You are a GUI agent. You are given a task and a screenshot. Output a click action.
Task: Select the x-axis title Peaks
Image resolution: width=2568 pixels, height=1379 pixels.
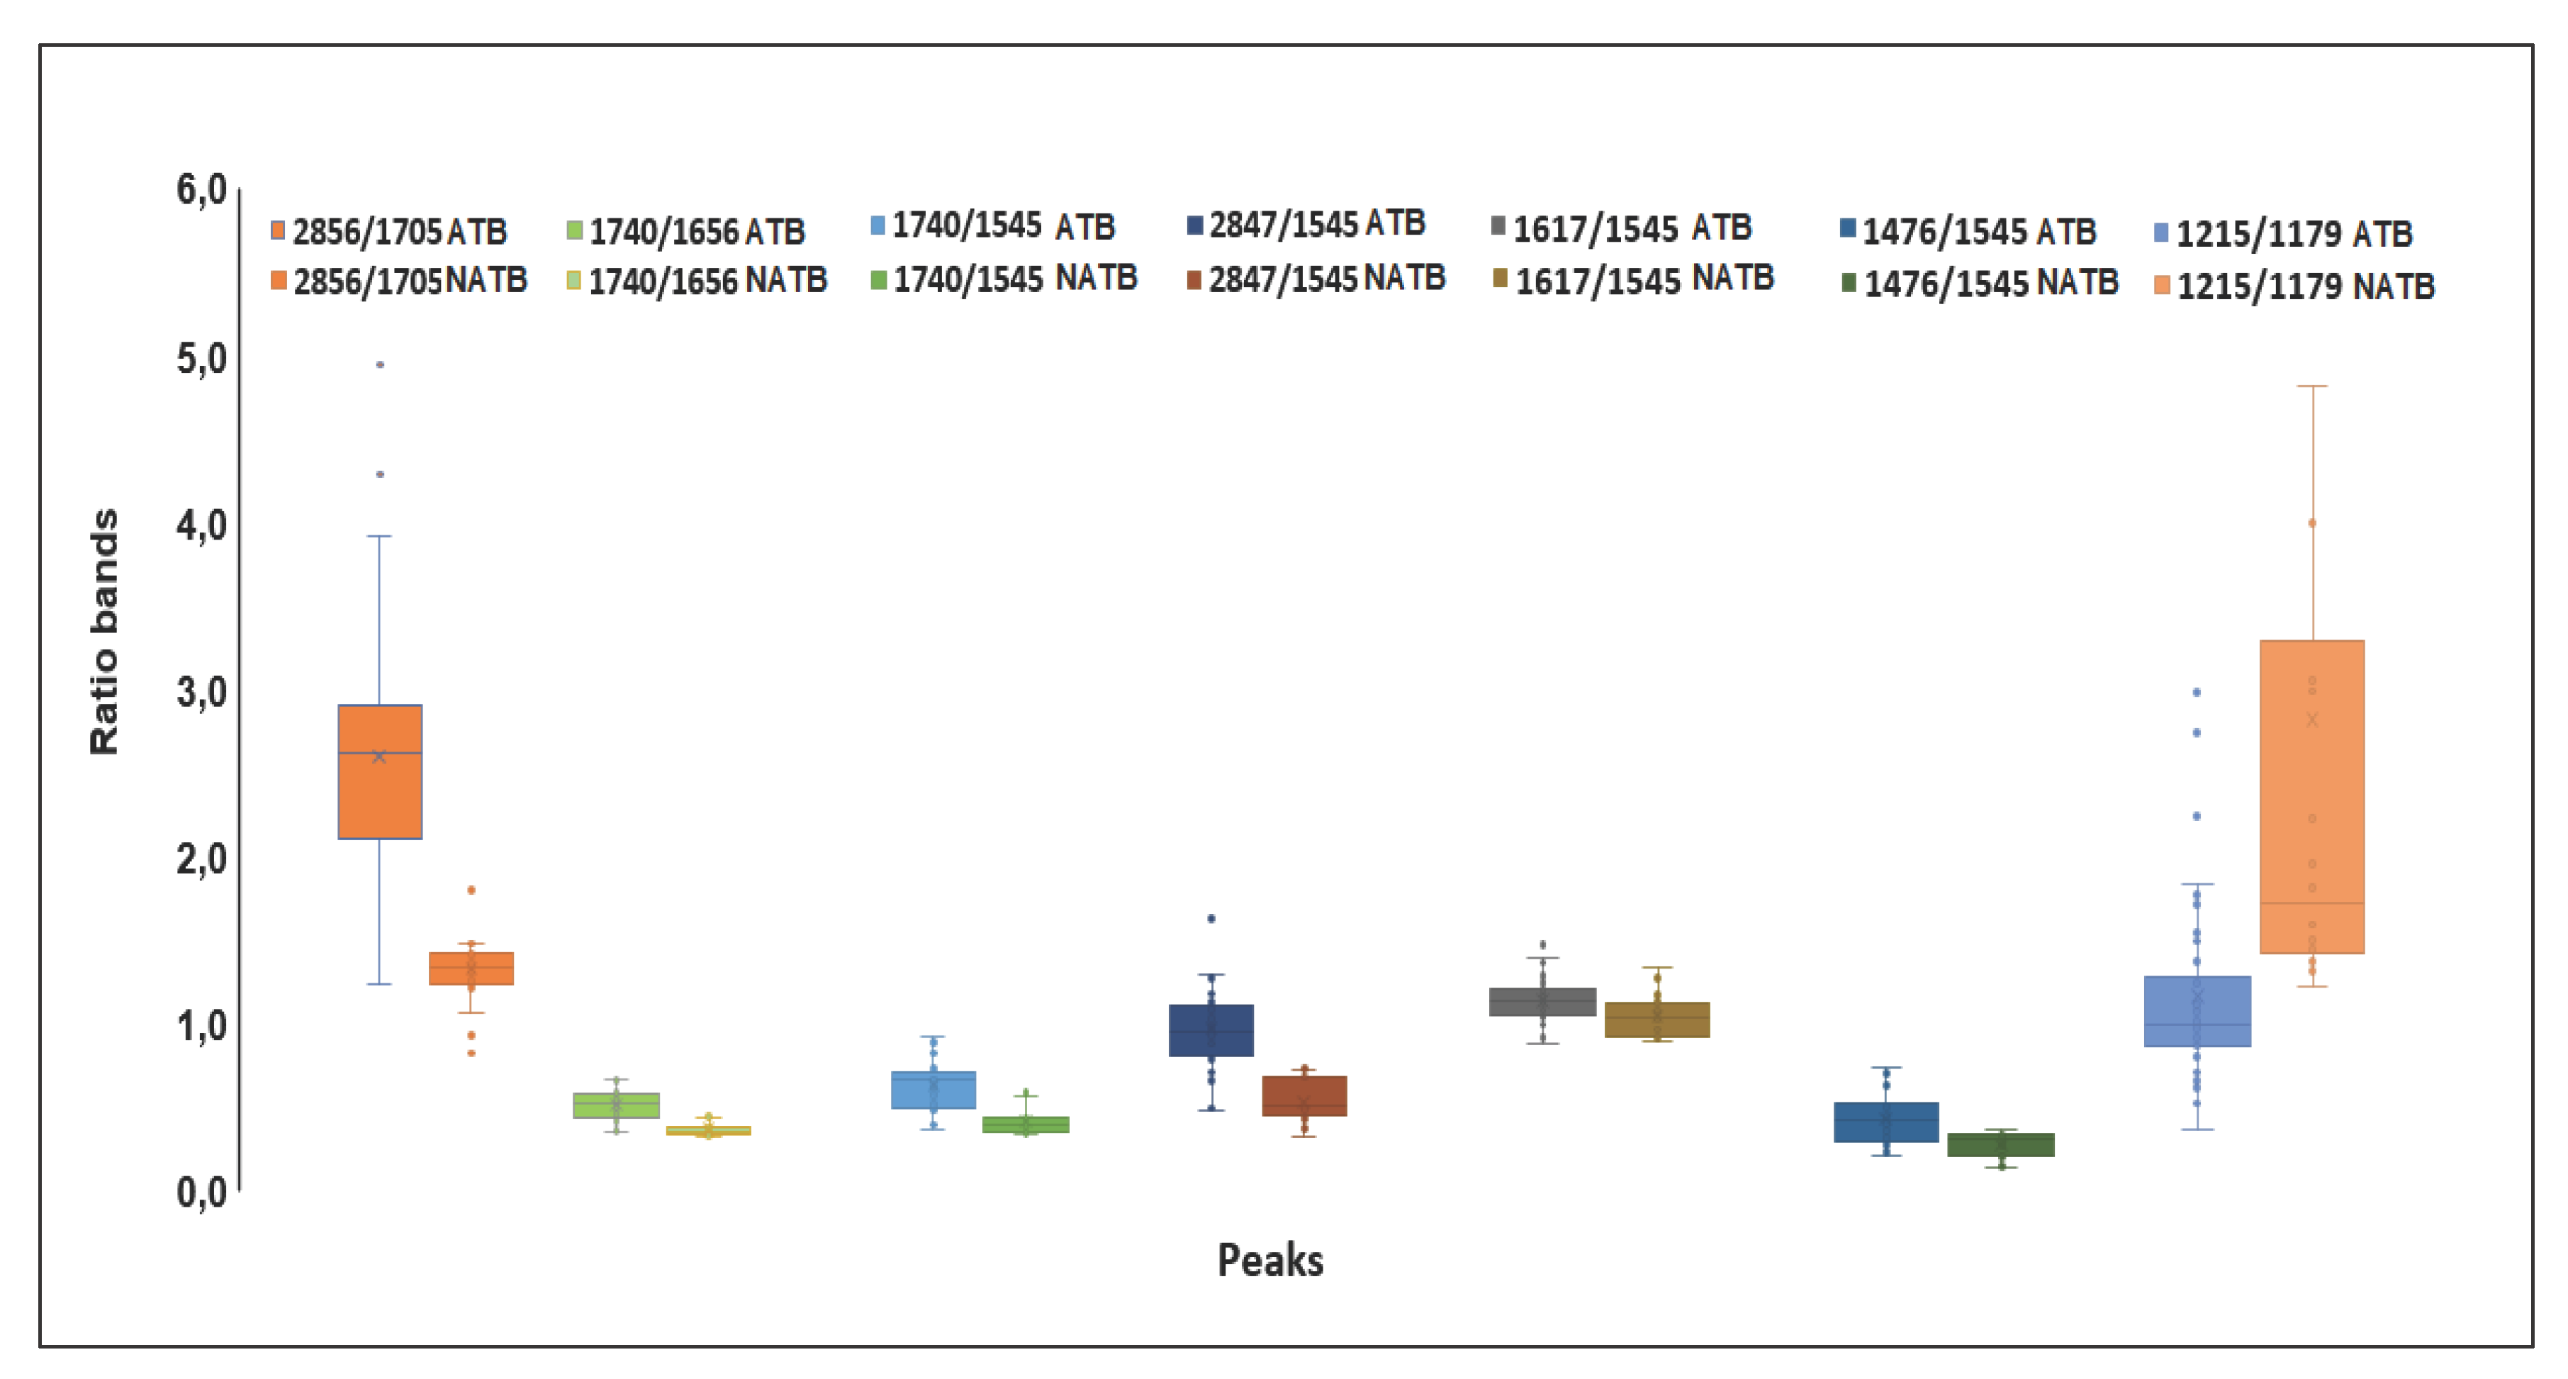tap(1270, 1261)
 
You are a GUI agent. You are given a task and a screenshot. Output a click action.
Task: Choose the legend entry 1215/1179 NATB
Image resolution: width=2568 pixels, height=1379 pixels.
tap(2295, 287)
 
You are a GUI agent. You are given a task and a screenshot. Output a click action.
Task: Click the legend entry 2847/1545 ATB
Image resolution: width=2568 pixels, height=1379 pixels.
tap(1307, 224)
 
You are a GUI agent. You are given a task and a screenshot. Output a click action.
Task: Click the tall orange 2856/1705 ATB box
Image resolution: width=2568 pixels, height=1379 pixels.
tap(380, 772)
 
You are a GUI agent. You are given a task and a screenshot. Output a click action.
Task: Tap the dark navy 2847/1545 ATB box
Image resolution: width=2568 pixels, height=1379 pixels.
tap(1211, 1030)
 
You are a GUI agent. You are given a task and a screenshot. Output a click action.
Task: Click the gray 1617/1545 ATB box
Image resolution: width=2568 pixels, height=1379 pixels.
tap(1542, 1001)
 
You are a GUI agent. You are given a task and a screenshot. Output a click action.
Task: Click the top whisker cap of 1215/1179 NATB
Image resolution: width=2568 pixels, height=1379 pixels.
tap(2312, 386)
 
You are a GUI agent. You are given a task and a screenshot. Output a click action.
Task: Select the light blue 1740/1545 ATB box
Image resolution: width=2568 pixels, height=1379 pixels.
tap(933, 1089)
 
